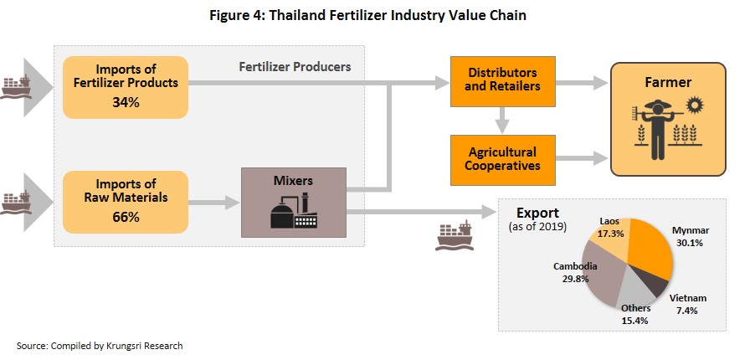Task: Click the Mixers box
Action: coord(293,203)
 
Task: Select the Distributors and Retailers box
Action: coord(503,81)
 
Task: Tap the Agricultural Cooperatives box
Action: coord(503,160)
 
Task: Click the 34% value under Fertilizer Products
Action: coord(126,102)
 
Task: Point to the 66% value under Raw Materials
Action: coord(126,218)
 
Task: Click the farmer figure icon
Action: coord(657,129)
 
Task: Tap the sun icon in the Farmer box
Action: coord(695,105)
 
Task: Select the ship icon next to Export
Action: coord(454,235)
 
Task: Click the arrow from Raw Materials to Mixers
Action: coord(213,203)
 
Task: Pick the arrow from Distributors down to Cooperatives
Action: coord(503,121)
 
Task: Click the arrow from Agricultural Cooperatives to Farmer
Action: coord(582,157)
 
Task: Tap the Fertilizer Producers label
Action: coord(295,66)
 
